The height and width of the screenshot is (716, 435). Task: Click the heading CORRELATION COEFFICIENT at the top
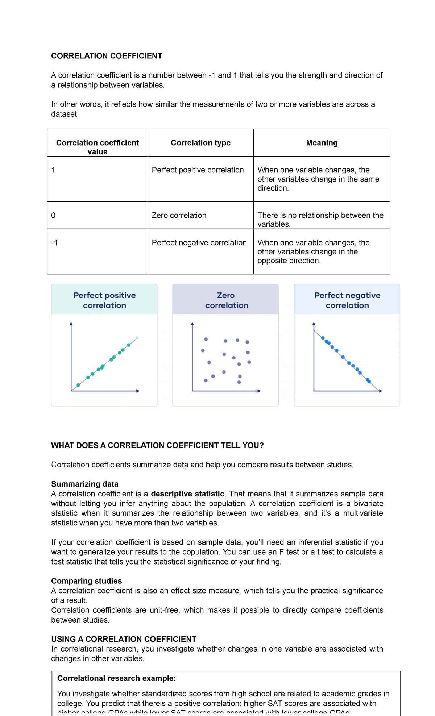(x=107, y=56)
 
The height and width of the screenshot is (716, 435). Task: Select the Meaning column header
(x=322, y=143)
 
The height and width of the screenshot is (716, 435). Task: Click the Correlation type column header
(x=200, y=143)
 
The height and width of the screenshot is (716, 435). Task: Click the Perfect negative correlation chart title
(x=347, y=300)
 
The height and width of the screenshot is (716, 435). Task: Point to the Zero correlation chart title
(x=227, y=300)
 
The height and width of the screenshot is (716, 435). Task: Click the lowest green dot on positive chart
(x=78, y=385)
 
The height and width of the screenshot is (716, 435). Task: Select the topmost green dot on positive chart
(x=128, y=345)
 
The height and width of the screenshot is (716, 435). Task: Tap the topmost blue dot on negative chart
(x=323, y=338)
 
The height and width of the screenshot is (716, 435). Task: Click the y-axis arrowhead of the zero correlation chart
(x=192, y=324)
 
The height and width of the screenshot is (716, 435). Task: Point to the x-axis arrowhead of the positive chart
(x=138, y=391)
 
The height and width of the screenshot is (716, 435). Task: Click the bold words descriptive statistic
(x=187, y=494)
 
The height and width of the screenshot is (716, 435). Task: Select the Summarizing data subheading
(x=84, y=484)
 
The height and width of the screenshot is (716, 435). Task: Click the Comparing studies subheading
(x=86, y=581)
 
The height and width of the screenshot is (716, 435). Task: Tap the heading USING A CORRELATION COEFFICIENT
(x=124, y=639)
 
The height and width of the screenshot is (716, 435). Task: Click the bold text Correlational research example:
(x=116, y=678)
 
